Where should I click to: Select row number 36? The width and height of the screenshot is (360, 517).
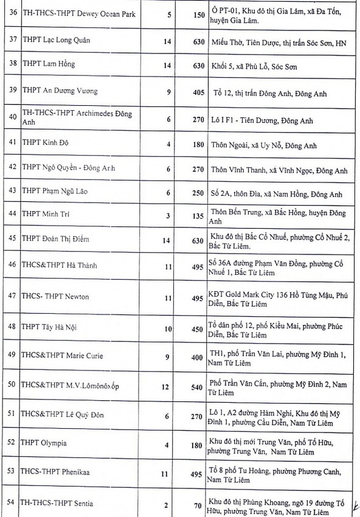coord(10,13)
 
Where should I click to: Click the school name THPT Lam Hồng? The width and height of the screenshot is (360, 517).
coord(50,63)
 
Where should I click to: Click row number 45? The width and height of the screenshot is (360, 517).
coord(10,240)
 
